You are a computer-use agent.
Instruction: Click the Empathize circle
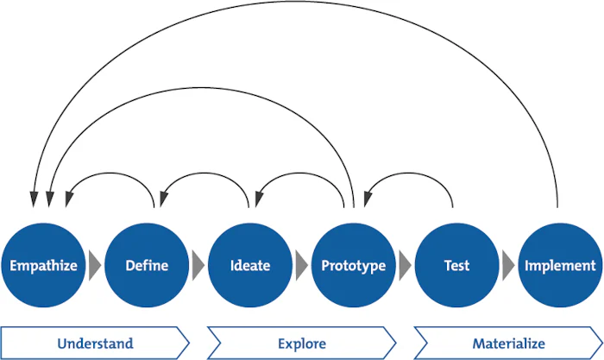tap(42, 265)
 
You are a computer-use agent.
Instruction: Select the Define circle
tap(146, 265)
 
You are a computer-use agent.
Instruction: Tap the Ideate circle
tap(250, 265)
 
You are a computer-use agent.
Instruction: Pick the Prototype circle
tap(353, 265)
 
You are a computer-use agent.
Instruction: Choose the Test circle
tap(456, 265)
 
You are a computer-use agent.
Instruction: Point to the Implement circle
tap(560, 265)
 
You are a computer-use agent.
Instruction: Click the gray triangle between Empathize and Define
tap(94, 265)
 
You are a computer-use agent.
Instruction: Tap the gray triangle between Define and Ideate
tap(198, 265)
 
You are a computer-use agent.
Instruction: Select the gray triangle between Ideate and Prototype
tap(301, 265)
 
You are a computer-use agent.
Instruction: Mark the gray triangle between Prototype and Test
tap(405, 265)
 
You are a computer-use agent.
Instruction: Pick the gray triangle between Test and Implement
tap(508, 265)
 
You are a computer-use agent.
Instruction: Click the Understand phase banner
tap(95, 344)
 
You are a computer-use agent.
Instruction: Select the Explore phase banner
tap(301, 344)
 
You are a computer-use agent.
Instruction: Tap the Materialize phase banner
tap(508, 344)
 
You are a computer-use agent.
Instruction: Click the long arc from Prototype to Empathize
tap(198, 86)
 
